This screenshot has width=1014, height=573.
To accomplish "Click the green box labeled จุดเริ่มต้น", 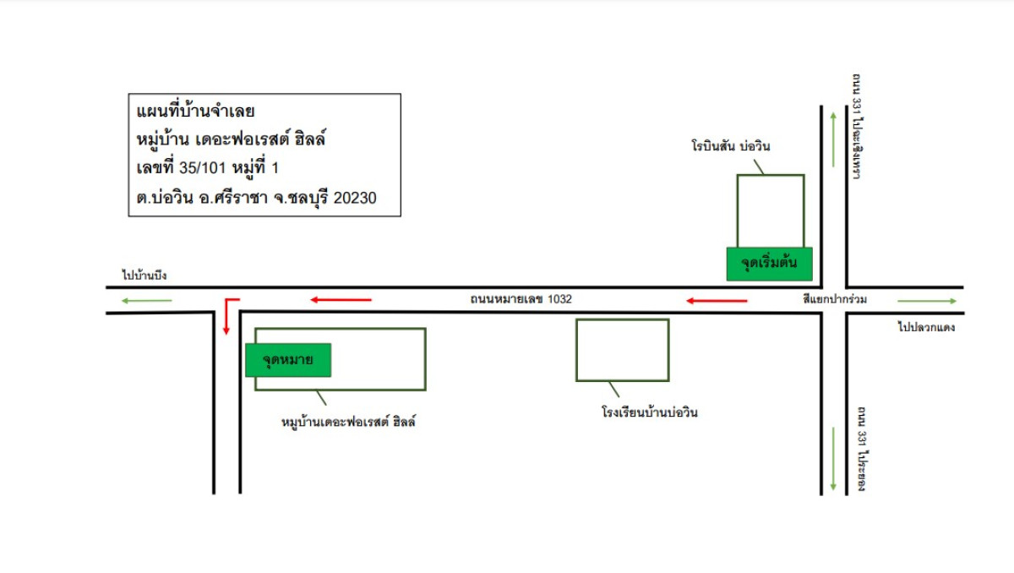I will (769, 264).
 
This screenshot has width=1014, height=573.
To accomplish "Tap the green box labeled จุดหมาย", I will (287, 360).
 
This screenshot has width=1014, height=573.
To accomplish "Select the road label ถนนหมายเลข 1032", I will (521, 299).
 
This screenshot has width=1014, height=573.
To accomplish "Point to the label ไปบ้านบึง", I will (144, 276).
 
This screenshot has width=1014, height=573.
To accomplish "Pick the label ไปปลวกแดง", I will (926, 327).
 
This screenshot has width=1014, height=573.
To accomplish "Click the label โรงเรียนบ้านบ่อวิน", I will (649, 413).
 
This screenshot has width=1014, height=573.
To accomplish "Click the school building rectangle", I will (622, 350).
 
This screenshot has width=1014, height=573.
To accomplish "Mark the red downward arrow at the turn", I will (226, 319).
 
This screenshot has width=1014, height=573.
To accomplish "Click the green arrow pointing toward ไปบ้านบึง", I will (145, 301).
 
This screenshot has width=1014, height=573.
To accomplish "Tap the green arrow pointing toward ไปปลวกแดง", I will (928, 301).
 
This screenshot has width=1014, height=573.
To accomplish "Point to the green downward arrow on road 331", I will (834, 459).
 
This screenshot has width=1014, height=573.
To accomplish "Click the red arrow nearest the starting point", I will (717, 301).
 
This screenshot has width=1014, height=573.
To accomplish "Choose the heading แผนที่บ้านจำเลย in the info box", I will (196, 112).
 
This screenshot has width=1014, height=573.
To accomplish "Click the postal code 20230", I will (356, 197).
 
